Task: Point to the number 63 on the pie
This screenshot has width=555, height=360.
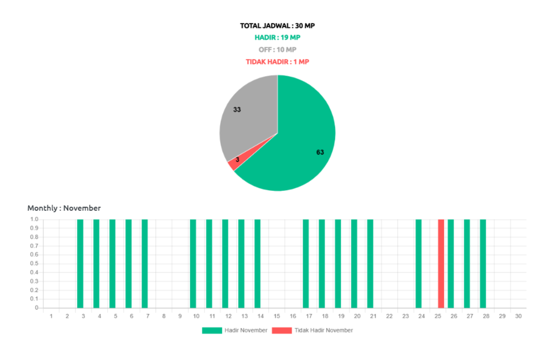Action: point(320,152)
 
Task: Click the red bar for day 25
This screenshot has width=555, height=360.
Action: point(441,263)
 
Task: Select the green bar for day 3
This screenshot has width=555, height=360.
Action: point(80,263)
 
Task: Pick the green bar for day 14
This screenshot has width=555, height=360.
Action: point(258,263)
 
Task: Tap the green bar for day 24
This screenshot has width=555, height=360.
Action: point(418,263)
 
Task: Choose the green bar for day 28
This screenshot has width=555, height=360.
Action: point(483,263)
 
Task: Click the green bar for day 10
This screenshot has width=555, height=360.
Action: point(193,263)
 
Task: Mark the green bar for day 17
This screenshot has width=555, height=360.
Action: point(306,263)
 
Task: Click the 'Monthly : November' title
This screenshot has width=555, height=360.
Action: point(64,208)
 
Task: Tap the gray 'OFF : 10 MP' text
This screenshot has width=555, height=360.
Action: point(277,50)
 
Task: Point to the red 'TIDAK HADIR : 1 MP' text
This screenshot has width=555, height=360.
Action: point(277,62)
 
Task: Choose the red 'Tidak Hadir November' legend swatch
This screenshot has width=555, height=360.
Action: point(282,330)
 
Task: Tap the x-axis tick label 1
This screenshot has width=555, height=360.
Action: point(51,316)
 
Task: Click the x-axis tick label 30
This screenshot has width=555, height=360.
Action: point(518,316)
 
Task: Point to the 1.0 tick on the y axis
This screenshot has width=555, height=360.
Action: point(35,219)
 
